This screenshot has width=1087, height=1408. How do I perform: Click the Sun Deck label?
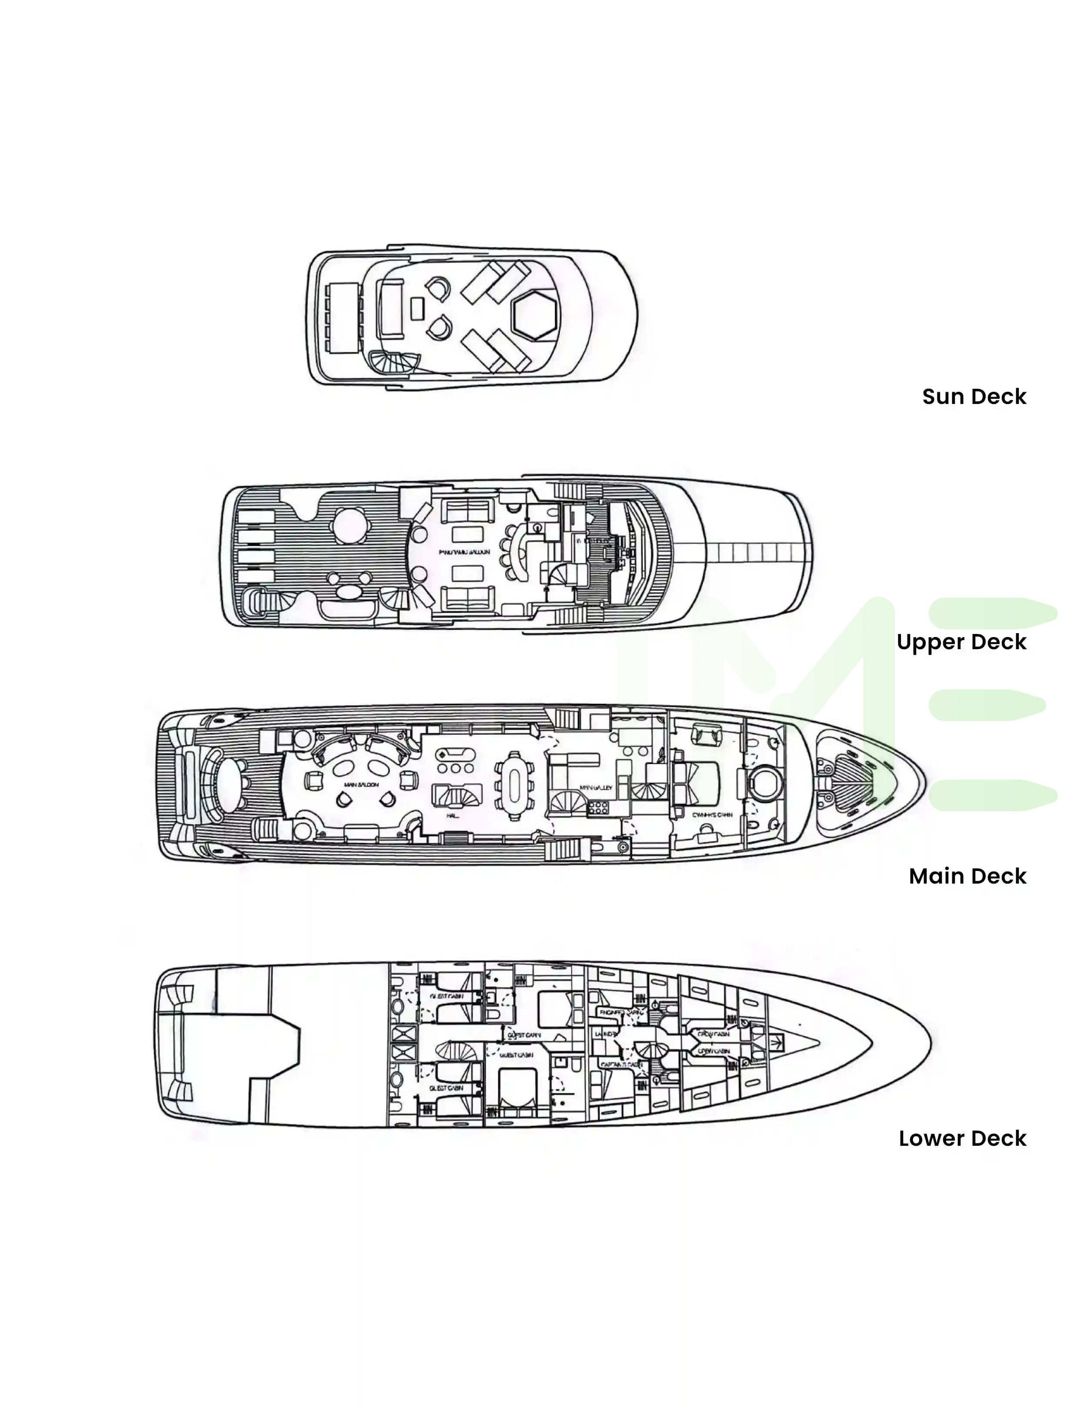coord(974,397)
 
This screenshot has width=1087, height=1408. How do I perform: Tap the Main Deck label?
coord(967,876)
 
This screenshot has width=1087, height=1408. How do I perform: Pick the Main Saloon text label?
coord(361,784)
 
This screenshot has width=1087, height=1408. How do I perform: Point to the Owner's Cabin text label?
coord(712,815)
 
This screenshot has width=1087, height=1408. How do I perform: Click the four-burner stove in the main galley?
coord(598,807)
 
